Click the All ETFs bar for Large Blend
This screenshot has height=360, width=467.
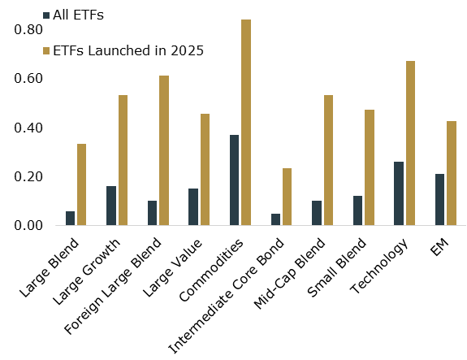70,218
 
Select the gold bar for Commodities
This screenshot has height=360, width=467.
246,122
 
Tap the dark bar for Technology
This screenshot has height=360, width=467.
399,193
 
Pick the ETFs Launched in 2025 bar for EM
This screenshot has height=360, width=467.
452,173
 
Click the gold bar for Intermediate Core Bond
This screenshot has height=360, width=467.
287,197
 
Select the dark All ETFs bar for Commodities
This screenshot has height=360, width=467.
234,180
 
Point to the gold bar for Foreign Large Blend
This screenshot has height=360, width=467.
164,150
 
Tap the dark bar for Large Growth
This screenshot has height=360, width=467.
111,206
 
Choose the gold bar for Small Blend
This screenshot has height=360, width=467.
370,167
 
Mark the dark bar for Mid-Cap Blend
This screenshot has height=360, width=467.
317,213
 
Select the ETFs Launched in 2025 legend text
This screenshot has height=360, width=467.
128,50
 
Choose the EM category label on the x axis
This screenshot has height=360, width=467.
439,247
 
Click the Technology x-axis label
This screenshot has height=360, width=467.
377,264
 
